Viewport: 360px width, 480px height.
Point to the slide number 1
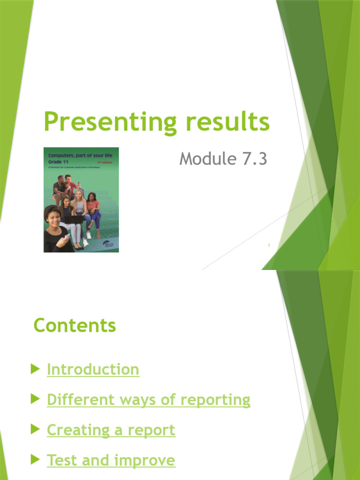(269, 245)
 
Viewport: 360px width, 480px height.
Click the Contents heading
(75, 325)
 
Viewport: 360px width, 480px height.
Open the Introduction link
(93, 369)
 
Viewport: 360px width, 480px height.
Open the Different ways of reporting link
(149, 400)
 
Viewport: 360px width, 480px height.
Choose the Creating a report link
(111, 430)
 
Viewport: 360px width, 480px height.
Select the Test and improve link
(111, 460)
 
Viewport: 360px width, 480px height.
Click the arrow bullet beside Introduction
(35, 369)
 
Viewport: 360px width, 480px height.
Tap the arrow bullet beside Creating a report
(35, 430)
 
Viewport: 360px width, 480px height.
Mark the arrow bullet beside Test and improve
(35, 460)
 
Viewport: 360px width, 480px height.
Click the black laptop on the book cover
(74, 219)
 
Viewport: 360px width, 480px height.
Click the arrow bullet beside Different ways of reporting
(35, 400)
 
